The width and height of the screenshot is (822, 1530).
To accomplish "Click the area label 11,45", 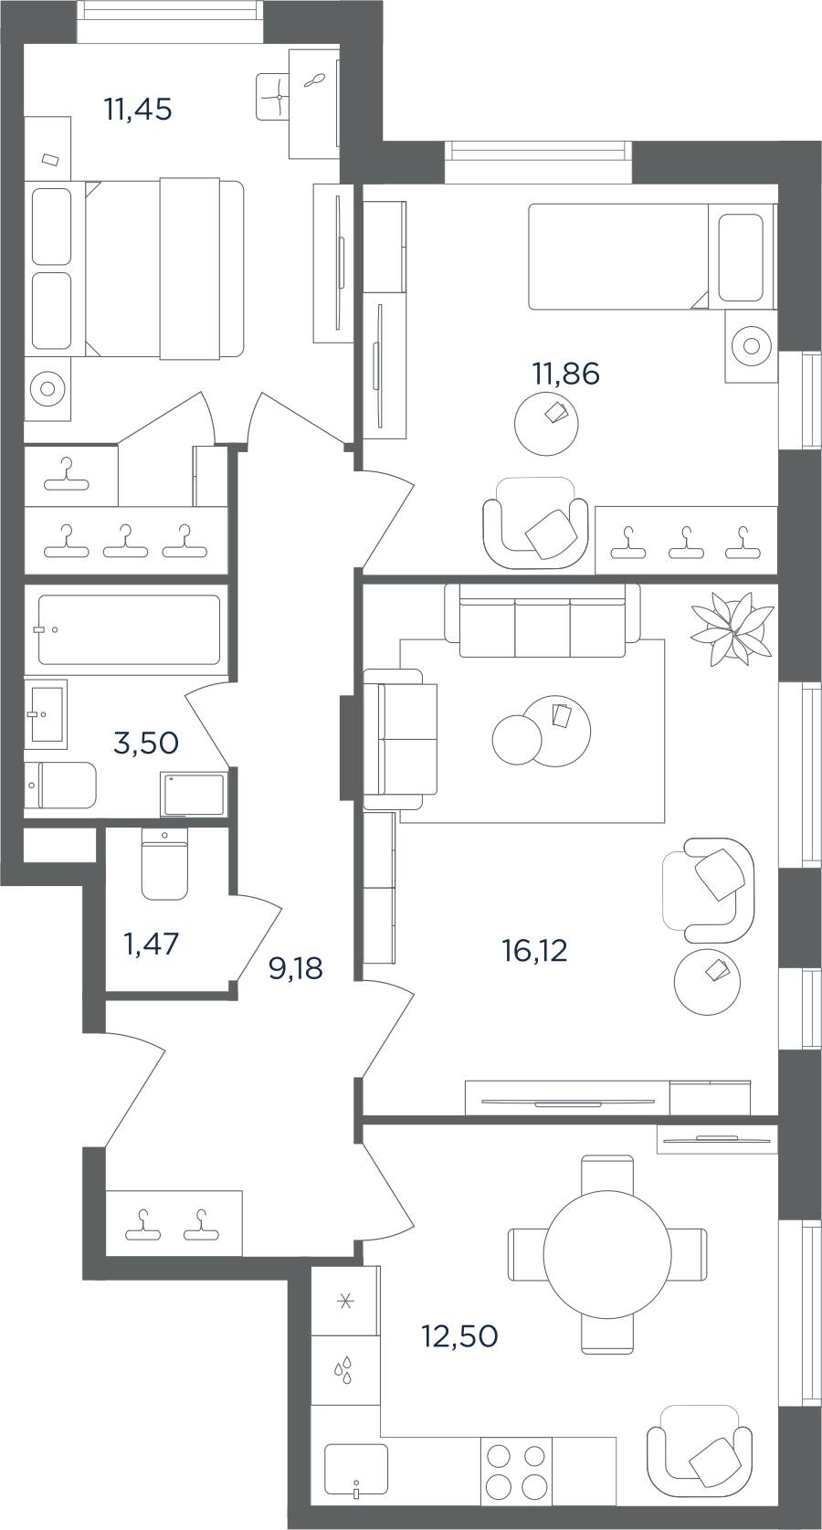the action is click(138, 110).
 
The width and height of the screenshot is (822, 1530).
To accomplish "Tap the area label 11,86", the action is click(565, 374).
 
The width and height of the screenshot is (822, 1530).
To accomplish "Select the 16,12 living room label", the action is click(535, 950).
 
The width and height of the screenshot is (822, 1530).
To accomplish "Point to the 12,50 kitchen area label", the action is click(460, 1336).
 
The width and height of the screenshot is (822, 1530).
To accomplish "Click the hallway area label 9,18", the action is click(296, 968).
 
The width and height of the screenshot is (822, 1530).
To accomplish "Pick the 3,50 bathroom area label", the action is click(146, 743).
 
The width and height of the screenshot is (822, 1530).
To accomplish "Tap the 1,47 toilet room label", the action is click(152, 944).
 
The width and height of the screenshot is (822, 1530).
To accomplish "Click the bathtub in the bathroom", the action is click(129, 629).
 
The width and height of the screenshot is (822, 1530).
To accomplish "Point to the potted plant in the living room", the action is click(732, 628).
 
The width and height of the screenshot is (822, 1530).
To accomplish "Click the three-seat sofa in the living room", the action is click(543, 620).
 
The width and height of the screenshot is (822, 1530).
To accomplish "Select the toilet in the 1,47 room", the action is click(164, 864).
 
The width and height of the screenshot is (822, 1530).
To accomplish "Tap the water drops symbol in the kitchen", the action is click(343, 1370).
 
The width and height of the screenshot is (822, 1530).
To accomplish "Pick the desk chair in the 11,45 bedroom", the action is click(273, 96).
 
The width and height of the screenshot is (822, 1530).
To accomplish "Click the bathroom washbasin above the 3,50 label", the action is click(47, 713).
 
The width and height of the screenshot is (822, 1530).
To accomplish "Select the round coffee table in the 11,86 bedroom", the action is click(546, 424).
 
